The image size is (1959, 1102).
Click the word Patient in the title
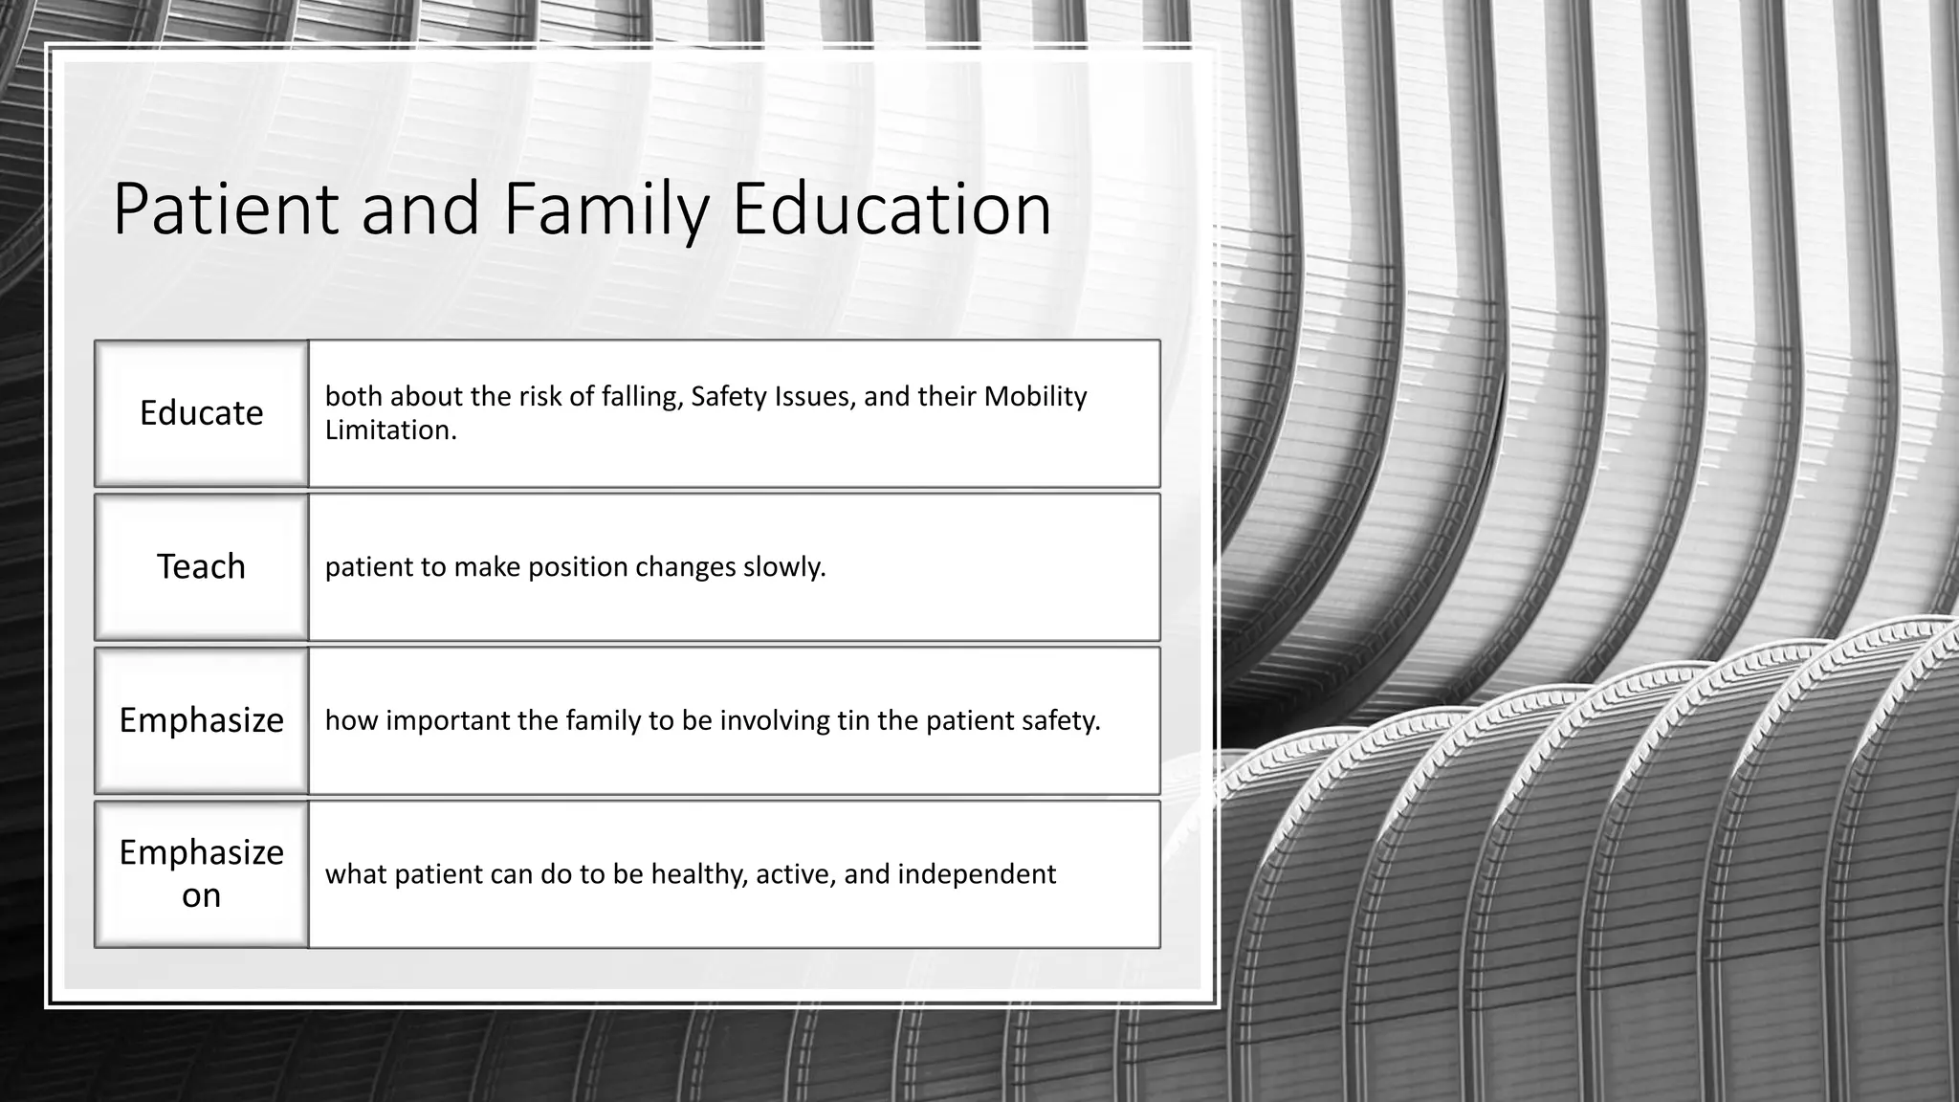[226, 209]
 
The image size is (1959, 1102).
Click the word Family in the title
[605, 209]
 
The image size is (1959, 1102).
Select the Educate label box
[201, 413]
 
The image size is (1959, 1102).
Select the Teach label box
[201, 566]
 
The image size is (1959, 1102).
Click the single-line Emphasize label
[201, 720]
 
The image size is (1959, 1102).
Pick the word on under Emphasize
[201, 895]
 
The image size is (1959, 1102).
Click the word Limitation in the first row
[390, 430]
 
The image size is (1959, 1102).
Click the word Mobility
[1035, 396]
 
